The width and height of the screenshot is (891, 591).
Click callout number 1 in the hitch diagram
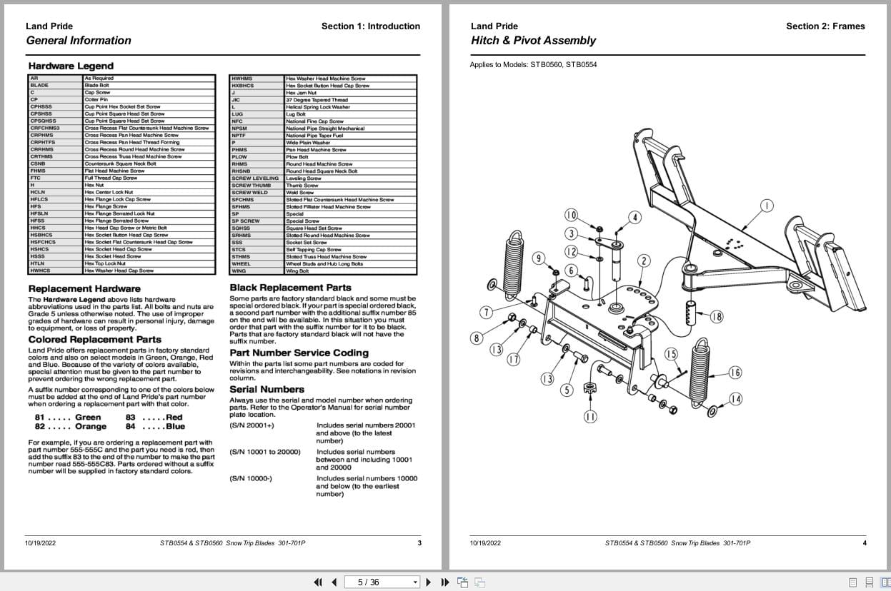[x=767, y=206]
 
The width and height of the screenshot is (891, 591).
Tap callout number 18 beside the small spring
[x=716, y=317]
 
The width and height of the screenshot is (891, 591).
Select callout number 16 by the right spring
[x=735, y=373]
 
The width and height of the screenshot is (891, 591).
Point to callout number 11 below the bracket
[x=590, y=417]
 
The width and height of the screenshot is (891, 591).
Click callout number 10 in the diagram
[x=571, y=215]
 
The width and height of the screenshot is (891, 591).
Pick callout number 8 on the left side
[x=477, y=338]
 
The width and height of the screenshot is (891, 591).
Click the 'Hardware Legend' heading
[x=61, y=66]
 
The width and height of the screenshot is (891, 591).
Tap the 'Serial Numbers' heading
[x=267, y=389]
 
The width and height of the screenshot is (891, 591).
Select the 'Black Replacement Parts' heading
[x=290, y=288]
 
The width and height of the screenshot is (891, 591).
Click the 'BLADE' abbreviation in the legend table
[x=40, y=85]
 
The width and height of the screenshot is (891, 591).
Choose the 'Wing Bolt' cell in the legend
[x=297, y=271]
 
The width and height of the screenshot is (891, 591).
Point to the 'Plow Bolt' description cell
[x=297, y=157]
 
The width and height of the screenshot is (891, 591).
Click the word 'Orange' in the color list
[x=91, y=427]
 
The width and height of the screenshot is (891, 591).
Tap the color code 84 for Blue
[x=131, y=427]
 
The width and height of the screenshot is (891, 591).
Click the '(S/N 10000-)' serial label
[x=251, y=478]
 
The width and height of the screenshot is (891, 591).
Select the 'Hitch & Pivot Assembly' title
[x=533, y=41]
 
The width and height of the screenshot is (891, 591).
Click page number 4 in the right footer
[x=864, y=543]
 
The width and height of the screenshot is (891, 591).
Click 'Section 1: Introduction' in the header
[x=370, y=26]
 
